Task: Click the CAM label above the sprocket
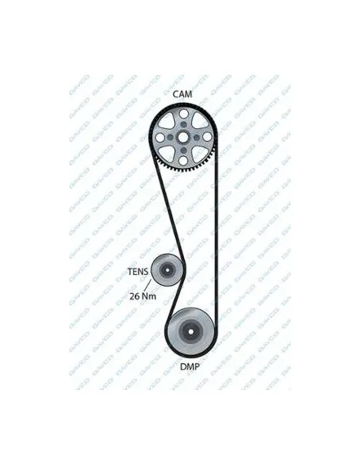point(182,94)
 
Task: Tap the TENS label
point(138,272)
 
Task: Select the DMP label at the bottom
point(190,367)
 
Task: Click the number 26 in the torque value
point(134,296)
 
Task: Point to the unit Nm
point(149,296)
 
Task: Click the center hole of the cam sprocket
point(183,137)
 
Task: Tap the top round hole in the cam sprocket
point(183,114)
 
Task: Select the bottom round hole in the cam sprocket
point(183,160)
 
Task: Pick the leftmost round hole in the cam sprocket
point(160,137)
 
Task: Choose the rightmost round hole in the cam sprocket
point(207,137)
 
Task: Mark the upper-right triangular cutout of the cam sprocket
point(200,120)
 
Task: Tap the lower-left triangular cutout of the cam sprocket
point(166,154)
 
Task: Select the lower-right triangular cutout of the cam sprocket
point(200,154)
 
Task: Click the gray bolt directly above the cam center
point(183,124)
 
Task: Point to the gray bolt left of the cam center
point(170,137)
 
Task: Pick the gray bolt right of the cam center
point(196,137)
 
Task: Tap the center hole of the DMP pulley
point(190,331)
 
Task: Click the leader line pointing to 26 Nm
point(148,285)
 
